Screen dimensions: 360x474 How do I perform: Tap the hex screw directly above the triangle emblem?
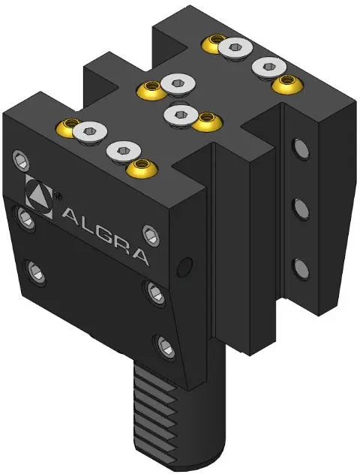pos(21,159)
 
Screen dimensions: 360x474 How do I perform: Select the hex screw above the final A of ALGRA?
pos(151,235)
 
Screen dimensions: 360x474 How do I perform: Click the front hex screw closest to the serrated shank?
pos(166,348)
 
